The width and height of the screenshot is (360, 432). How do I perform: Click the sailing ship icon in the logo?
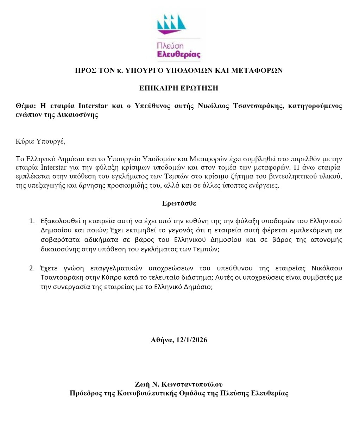pyautogui.click(x=171, y=24)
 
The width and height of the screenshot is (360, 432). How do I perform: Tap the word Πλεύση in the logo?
pyautogui.click(x=170, y=46)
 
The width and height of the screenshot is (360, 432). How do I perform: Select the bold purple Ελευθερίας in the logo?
pyautogui.click(x=179, y=55)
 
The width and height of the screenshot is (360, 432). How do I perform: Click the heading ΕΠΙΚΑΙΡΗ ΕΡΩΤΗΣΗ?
pyautogui.click(x=179, y=88)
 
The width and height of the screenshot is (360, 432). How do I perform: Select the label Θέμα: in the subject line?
pyautogui.click(x=26, y=106)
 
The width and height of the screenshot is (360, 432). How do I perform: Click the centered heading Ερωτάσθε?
pyautogui.click(x=179, y=203)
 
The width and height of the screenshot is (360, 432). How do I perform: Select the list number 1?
pyautogui.click(x=32, y=221)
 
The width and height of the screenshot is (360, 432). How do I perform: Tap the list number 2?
pyautogui.click(x=32, y=268)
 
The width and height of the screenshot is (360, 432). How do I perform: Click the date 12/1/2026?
pyautogui.click(x=190, y=340)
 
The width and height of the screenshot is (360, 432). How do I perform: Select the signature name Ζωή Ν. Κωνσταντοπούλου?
pyautogui.click(x=179, y=384)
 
